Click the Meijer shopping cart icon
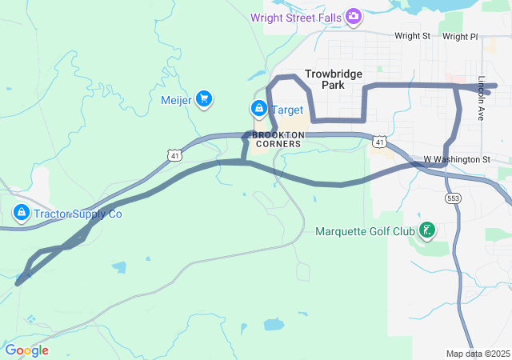click(203, 98)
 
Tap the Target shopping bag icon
click(258, 108)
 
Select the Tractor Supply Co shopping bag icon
click(22, 214)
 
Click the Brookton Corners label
click(278, 139)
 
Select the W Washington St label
click(456, 159)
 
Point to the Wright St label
click(412, 36)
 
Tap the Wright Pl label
click(459, 36)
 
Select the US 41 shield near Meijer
click(174, 154)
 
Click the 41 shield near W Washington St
click(380, 142)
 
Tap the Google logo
click(26, 350)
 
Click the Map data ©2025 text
click(478, 354)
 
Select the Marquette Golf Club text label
click(366, 232)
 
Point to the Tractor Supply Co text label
click(78, 214)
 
